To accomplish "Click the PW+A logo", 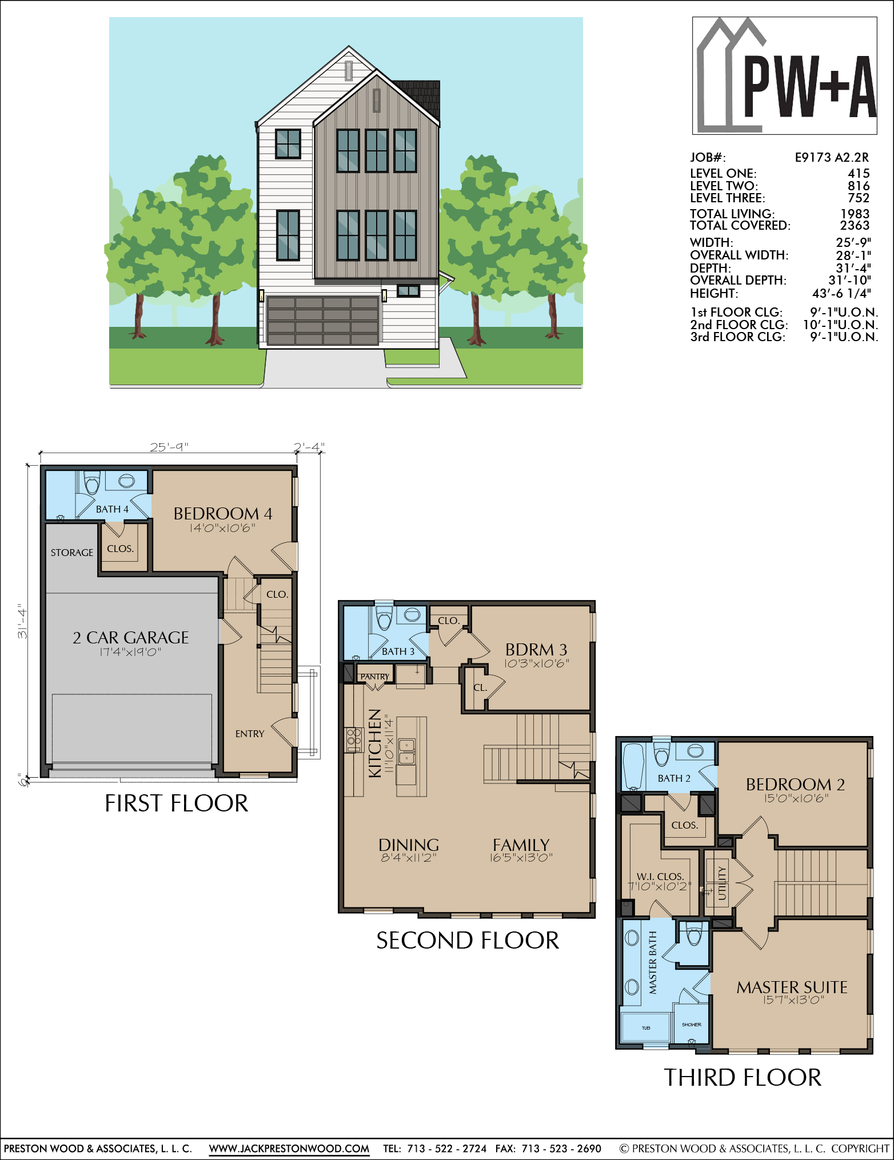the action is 784,75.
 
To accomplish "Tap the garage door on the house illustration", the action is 322,321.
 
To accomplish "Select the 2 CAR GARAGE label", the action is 131,637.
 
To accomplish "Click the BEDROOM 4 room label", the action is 223,513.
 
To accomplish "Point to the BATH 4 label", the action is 112,509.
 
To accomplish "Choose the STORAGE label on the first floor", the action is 72,553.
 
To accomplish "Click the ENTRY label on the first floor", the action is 250,734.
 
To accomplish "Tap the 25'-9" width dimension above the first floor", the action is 169,447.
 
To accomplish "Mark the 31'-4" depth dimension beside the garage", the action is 22,621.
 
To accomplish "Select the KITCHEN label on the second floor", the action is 375,743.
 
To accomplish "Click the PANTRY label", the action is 374,677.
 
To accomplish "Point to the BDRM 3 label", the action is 536,650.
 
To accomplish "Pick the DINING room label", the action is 409,845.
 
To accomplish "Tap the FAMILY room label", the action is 521,845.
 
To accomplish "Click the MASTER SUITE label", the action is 792,987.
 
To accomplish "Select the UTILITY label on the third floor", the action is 722,883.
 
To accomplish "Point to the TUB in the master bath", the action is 646,1028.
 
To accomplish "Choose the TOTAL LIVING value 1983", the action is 855,214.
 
